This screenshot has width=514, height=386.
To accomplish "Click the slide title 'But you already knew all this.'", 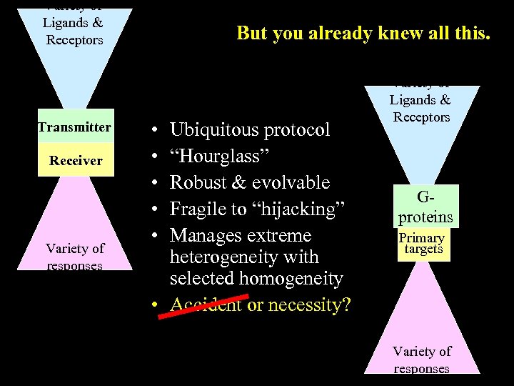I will pos(363,33).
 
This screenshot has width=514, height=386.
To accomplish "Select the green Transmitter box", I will pos(76,128).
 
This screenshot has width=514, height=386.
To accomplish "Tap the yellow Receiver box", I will pos(76,161).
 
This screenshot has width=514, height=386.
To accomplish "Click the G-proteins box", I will pos(425,206).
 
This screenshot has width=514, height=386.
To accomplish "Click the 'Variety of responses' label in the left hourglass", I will pos(75,257).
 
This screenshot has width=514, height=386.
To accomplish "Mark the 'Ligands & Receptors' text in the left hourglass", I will pos(74,31).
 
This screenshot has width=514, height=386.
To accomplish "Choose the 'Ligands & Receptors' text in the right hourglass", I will pos(420,109).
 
